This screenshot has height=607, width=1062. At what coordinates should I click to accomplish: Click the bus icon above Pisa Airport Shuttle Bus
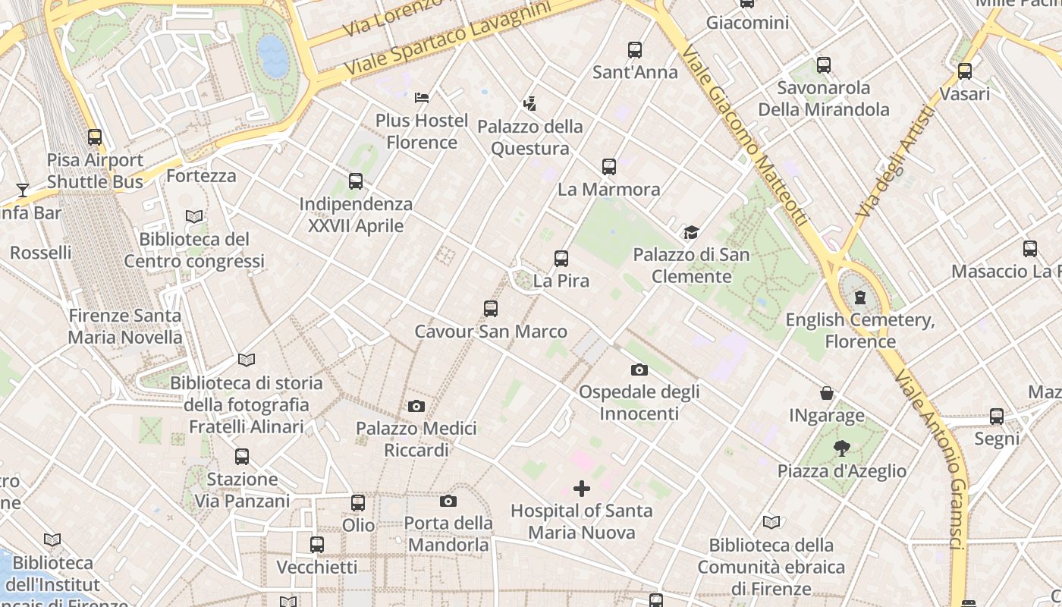pyautogui.click(x=95, y=137)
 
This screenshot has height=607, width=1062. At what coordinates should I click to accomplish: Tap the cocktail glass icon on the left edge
pyautogui.click(x=23, y=190)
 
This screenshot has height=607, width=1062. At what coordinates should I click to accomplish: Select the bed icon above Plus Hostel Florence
pyautogui.click(x=422, y=97)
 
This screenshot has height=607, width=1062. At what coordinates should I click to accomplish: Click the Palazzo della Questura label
pyautogui.click(x=530, y=137)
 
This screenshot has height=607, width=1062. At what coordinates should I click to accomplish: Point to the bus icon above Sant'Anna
pyautogui.click(x=635, y=50)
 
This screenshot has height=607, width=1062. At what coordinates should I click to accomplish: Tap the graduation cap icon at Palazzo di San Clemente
pyautogui.click(x=690, y=231)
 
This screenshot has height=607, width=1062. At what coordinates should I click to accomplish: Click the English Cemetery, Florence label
pyautogui.click(x=860, y=331)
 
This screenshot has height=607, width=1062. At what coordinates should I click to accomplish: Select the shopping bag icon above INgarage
pyautogui.click(x=827, y=393)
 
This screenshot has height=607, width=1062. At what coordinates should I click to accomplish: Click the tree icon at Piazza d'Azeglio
pyautogui.click(x=841, y=448)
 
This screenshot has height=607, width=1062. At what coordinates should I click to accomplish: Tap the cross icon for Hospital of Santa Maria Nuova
pyautogui.click(x=582, y=489)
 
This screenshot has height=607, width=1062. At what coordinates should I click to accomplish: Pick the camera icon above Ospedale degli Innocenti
pyautogui.click(x=639, y=370)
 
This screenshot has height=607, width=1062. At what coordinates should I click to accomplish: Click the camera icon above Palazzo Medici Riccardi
pyautogui.click(x=416, y=407)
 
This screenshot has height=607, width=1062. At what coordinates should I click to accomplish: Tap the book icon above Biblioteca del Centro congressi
pyautogui.click(x=194, y=217)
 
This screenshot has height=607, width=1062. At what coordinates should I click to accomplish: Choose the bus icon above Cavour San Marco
pyautogui.click(x=491, y=309)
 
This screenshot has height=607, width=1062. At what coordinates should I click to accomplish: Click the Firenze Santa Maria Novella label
pyautogui.click(x=125, y=326)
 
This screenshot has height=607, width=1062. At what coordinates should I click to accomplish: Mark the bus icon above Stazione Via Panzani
pyautogui.click(x=242, y=457)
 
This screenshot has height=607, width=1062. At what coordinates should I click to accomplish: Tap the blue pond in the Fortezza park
pyautogui.click(x=273, y=55)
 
